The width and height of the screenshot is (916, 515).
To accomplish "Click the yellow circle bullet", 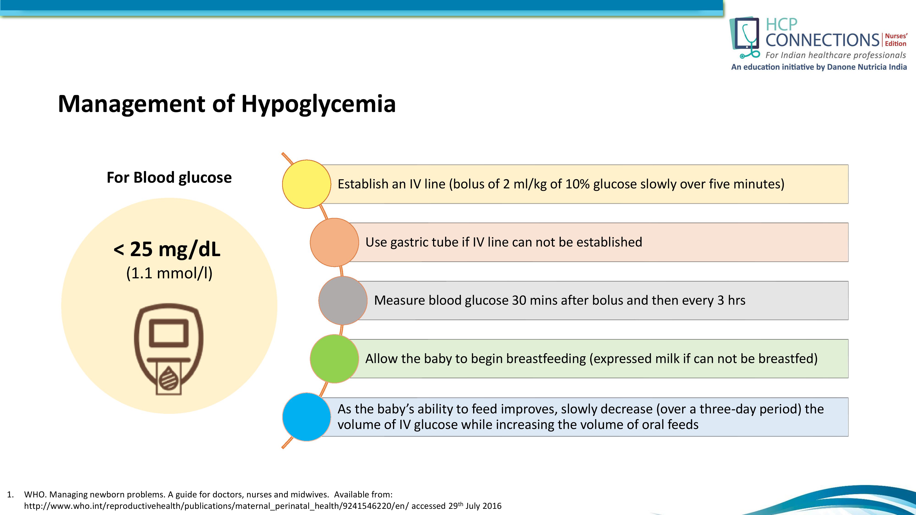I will pyautogui.click(x=307, y=184).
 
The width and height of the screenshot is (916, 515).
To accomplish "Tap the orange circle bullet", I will pyautogui.click(x=334, y=242).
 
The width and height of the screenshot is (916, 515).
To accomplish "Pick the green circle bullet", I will pyautogui.click(x=334, y=359).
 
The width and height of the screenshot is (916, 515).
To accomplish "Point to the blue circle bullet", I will pyautogui.click(x=307, y=417).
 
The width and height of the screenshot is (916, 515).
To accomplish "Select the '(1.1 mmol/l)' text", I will pyautogui.click(x=169, y=273).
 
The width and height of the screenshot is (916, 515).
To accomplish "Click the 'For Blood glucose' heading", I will pyautogui.click(x=169, y=177).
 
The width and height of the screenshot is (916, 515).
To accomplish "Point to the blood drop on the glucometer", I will pyautogui.click(x=169, y=379).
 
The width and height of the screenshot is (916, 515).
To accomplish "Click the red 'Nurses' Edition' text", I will pyautogui.click(x=896, y=40).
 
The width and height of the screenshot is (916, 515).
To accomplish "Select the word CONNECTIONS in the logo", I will pyautogui.click(x=822, y=40).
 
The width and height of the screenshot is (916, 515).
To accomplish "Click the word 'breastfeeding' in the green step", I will pyautogui.click(x=546, y=359).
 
